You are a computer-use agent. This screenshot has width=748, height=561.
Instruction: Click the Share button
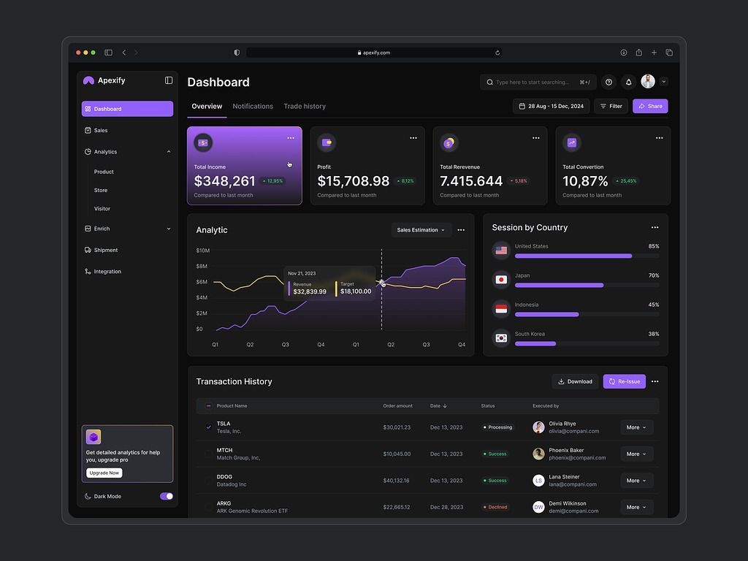(650, 106)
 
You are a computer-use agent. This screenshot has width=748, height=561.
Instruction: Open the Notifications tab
(253, 106)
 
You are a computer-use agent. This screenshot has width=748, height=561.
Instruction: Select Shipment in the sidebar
(105, 250)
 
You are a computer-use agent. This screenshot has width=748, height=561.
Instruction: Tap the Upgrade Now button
(104, 473)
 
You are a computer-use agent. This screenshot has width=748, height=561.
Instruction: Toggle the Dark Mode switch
(167, 496)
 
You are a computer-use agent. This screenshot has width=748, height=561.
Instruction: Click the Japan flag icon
(501, 280)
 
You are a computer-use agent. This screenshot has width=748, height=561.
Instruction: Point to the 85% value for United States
(653, 246)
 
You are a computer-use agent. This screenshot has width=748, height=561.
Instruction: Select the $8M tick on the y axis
(202, 266)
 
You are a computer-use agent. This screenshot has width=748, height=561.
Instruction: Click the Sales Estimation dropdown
(421, 230)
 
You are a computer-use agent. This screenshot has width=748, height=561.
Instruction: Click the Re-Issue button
(624, 381)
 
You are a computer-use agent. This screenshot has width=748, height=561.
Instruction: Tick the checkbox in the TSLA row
(208, 427)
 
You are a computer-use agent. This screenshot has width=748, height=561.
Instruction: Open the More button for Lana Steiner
(636, 481)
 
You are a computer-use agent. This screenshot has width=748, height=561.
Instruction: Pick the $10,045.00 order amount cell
(397, 454)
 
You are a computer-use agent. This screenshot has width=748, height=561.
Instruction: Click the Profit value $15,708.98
(354, 181)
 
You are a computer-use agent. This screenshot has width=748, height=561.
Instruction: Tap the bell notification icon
(628, 83)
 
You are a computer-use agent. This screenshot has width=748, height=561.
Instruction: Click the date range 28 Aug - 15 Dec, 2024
(551, 106)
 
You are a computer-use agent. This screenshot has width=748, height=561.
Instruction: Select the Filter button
(611, 106)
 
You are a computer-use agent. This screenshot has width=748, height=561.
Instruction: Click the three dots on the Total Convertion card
(659, 137)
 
